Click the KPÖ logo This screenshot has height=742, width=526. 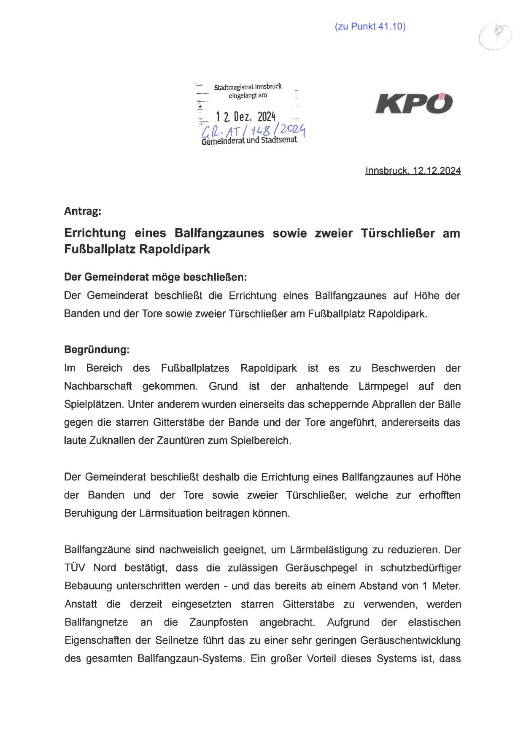414,103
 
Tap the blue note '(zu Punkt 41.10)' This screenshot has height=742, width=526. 370,27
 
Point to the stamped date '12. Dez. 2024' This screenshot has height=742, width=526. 245,116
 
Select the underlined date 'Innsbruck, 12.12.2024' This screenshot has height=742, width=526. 413,171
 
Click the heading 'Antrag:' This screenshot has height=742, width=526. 83,211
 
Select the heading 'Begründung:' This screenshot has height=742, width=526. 97,350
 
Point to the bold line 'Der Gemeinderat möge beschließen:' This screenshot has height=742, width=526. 155,277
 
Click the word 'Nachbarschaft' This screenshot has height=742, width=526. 98,386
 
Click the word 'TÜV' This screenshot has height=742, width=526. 75,568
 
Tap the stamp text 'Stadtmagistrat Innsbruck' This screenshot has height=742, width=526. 248,87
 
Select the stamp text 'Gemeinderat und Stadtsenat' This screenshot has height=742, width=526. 249,140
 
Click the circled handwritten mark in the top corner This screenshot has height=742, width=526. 496,37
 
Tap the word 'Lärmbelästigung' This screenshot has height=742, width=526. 327,550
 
